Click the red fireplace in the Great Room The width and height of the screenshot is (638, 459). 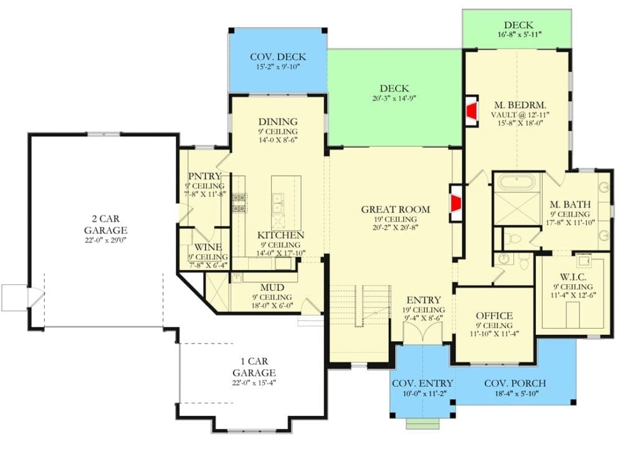click(x=457, y=203)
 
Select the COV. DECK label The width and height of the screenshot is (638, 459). click(x=277, y=57)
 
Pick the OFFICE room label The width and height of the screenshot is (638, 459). click(x=494, y=316)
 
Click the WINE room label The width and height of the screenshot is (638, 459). click(x=203, y=247)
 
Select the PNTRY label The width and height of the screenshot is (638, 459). click(x=203, y=176)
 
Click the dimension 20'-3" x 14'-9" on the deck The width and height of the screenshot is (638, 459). click(x=395, y=98)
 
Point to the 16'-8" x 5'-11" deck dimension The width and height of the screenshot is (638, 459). click(x=518, y=36)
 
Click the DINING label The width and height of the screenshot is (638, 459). click(x=278, y=122)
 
